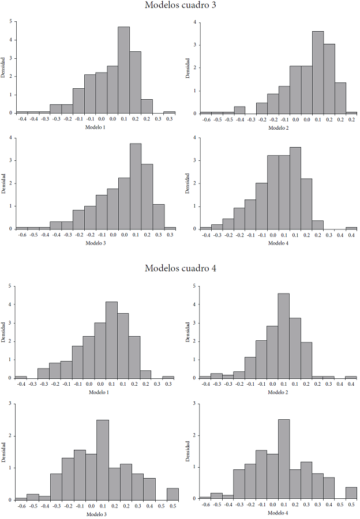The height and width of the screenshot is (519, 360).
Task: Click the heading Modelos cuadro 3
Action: [179, 6]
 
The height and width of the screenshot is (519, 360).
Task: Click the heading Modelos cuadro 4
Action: [179, 268]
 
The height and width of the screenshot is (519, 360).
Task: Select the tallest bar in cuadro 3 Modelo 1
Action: [124, 70]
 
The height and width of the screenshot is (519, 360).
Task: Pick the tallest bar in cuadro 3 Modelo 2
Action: [318, 72]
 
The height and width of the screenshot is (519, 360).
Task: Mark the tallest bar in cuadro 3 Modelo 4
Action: [295, 187]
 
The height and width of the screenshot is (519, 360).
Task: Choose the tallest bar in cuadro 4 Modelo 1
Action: [111, 340]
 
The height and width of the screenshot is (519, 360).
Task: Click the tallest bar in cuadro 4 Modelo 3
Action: [103, 460]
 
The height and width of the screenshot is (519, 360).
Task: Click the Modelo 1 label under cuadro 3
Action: [95, 127]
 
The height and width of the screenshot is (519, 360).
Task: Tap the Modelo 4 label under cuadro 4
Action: [277, 513]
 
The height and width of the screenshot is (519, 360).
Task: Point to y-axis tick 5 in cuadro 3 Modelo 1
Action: [10, 21]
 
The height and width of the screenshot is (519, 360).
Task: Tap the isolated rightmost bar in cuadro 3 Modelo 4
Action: [351, 228]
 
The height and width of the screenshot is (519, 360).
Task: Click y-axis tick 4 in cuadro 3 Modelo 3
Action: [10, 138]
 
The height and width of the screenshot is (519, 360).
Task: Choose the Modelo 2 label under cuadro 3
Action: [278, 127]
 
